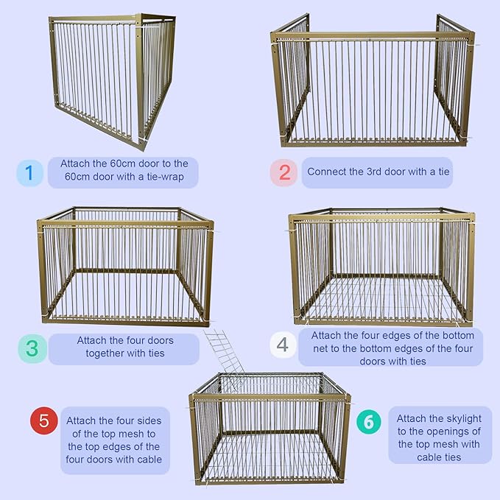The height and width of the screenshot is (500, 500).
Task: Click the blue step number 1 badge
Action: coord(29,173)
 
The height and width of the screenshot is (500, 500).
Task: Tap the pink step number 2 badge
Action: coord(284,173)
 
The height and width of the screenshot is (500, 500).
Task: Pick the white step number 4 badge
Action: coord(284,345)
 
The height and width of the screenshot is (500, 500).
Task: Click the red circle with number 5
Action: coord(43,420)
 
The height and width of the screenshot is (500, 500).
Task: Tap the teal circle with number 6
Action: coord(369,423)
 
